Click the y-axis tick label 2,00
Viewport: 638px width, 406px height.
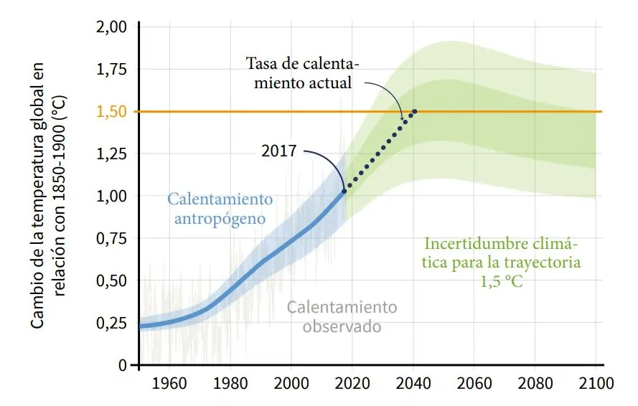(111, 27)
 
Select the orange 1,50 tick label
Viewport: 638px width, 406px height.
(111, 112)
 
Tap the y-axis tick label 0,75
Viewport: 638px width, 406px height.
(111, 238)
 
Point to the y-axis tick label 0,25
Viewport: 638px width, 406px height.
(111, 322)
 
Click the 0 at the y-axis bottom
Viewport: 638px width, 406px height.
(123, 365)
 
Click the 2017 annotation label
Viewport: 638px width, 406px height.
(278, 151)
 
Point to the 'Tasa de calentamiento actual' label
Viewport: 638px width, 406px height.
(302, 72)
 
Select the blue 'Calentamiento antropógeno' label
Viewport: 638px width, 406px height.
(220, 207)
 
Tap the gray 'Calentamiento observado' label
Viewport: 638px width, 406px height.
(342, 316)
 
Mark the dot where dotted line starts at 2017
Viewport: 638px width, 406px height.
(344, 191)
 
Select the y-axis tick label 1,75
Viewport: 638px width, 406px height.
(111, 70)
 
